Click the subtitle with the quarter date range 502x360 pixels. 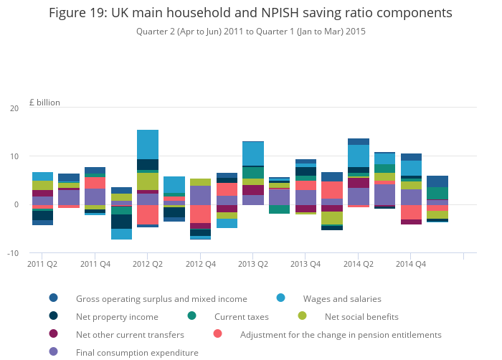(x=251, y=32)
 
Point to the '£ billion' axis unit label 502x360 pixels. (x=44, y=103)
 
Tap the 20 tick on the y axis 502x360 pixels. (x=14, y=108)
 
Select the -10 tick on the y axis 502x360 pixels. (x=13, y=253)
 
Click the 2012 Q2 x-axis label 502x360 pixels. (x=148, y=264)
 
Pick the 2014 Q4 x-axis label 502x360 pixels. (x=411, y=264)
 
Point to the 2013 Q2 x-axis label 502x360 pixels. (x=253, y=264)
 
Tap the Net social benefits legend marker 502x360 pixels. (x=302, y=316)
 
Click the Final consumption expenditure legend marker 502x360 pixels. (x=54, y=351)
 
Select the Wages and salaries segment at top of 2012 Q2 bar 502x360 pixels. (x=148, y=144)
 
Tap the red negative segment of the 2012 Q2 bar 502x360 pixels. (x=148, y=215)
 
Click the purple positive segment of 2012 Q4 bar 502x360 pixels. (x=200, y=195)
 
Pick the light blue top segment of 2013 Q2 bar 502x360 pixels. (x=253, y=153)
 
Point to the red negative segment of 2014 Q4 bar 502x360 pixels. (x=411, y=212)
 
